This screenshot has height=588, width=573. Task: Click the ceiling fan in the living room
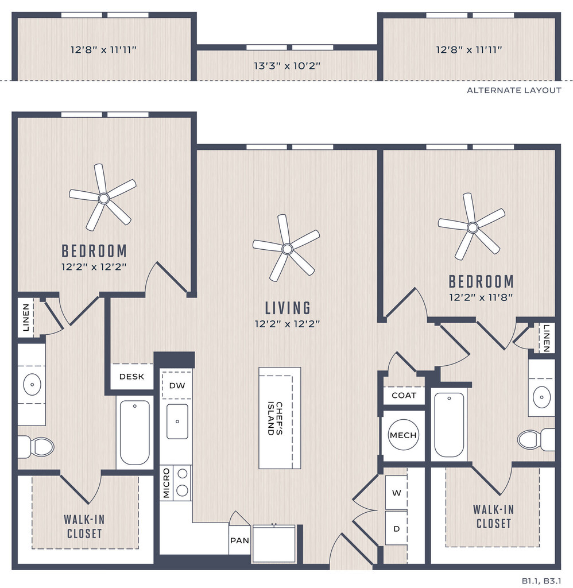[287, 249]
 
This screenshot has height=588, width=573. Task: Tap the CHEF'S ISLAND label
[275, 418]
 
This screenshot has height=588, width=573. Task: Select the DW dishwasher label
[177, 385]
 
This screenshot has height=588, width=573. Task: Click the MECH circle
[403, 435]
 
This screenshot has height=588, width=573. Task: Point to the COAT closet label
[404, 395]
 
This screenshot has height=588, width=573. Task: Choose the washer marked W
[396, 493]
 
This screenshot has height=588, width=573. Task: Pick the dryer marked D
[396, 528]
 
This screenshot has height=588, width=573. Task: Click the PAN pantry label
[239, 540]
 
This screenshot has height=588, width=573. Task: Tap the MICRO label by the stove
[167, 483]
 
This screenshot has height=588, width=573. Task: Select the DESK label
[131, 377]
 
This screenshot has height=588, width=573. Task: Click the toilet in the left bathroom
[36, 447]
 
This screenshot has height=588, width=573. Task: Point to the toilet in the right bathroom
[536, 439]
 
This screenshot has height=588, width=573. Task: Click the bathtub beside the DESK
[134, 432]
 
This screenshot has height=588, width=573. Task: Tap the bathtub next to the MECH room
[449, 425]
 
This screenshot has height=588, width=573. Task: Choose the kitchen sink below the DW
[177, 421]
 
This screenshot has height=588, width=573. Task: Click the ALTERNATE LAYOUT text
[514, 90]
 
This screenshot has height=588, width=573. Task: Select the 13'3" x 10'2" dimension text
[287, 66]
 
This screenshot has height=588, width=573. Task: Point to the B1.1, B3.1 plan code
[541, 581]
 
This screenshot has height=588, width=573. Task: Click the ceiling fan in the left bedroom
[103, 198]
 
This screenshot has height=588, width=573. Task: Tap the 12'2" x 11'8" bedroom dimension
[481, 297]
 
